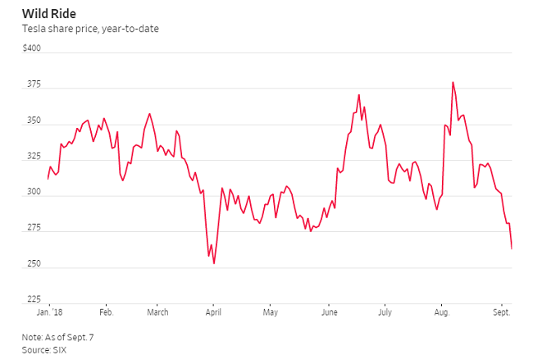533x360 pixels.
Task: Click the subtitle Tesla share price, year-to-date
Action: [x=90, y=30]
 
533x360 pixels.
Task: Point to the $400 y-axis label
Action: [x=31, y=48]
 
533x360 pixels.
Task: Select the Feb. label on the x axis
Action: [x=106, y=312]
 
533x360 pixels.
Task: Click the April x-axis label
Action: [x=213, y=312]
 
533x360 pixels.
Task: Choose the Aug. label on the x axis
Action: [x=441, y=312]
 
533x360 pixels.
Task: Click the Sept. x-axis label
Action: [x=501, y=312]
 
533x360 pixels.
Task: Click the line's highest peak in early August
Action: [x=453, y=82]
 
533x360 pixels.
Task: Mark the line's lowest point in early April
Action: [x=214, y=263]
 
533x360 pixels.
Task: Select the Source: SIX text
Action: [x=44, y=350]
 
